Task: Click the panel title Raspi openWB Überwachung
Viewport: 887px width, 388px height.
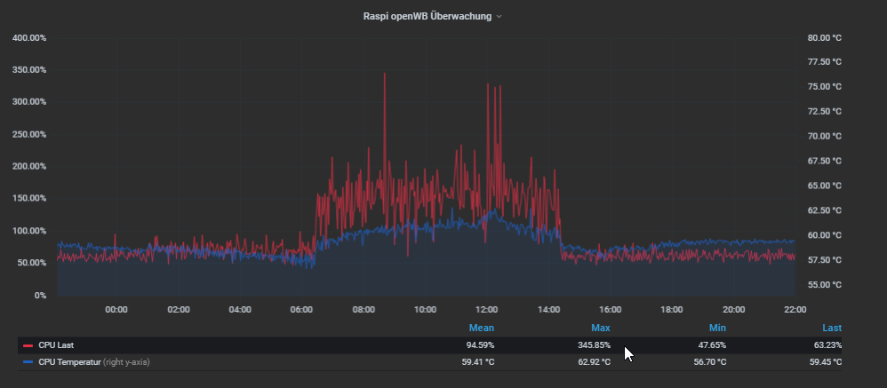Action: [427, 16]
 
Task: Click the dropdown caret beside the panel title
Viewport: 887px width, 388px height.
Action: [499, 17]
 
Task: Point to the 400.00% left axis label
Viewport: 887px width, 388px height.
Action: [29, 38]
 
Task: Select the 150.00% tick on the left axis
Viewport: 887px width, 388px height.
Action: [29, 135]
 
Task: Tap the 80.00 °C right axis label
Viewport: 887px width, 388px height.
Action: [824, 38]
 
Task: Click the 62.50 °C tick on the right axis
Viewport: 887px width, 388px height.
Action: [824, 210]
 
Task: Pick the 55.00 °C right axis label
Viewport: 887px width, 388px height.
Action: [824, 285]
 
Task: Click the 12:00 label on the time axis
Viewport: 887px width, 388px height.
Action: [487, 310]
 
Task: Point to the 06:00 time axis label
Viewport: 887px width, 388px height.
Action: [301, 310]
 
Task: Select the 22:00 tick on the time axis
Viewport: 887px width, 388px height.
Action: [795, 310]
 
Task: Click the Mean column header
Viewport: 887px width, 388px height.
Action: [483, 329]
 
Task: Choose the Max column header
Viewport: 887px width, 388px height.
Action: [601, 329]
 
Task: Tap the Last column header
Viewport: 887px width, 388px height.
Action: [832, 329]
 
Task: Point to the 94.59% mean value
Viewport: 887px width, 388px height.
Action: [480, 344]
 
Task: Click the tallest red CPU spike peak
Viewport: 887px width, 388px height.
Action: [384, 75]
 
